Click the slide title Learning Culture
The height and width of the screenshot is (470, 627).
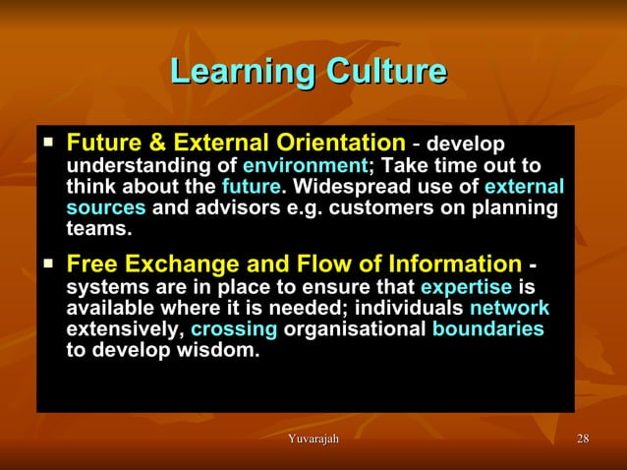309,72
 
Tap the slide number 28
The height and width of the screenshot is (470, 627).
583,438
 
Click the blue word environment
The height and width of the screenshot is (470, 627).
304,165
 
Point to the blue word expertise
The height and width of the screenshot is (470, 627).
466,287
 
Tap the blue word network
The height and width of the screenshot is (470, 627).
510,309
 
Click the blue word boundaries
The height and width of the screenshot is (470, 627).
487,329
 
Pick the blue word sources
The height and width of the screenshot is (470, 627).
106,207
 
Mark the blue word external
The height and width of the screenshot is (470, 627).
525,187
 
